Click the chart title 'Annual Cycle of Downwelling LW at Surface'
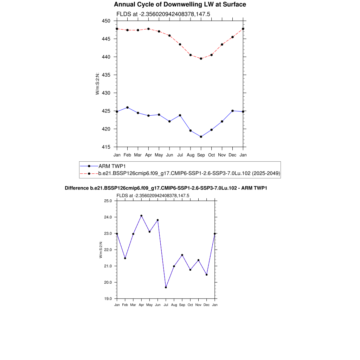180,5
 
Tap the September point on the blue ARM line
201,137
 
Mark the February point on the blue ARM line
127,107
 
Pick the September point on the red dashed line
201,59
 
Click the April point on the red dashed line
148,29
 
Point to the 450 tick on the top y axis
106,21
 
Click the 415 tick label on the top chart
106,147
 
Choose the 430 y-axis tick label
106,93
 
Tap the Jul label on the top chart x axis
180,155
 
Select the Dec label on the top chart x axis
233,155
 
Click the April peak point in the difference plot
141,216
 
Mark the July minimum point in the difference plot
166,287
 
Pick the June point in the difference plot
157,220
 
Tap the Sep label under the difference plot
182,305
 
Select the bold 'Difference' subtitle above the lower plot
166,188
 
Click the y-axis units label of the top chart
97,84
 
